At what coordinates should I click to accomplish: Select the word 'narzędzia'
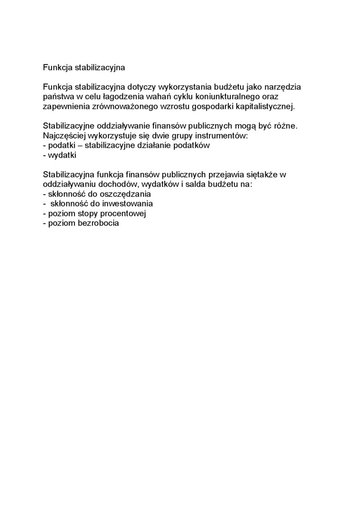coord(283,87)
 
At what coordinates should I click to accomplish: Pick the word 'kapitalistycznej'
coord(267,107)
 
